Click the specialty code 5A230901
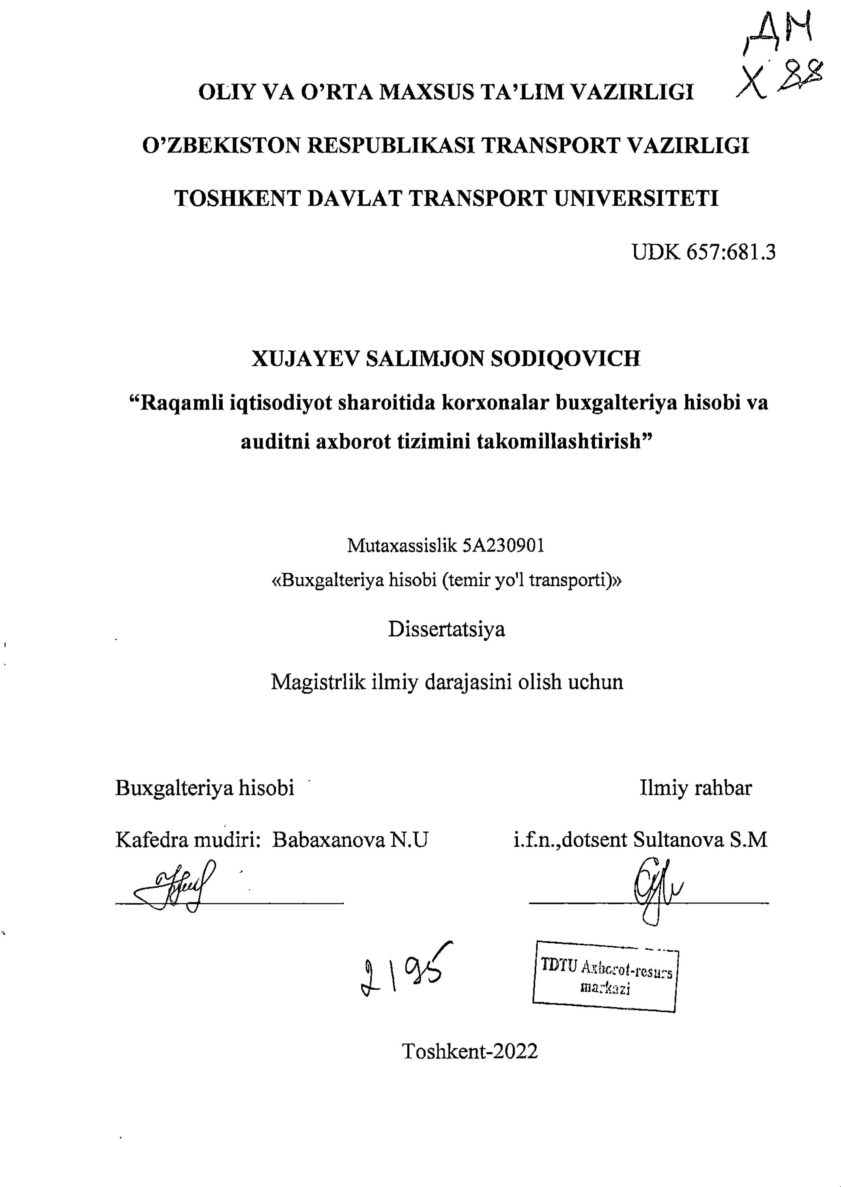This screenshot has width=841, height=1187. click(502, 545)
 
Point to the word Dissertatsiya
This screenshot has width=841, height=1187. click(446, 629)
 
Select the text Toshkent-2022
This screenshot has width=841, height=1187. click(470, 1051)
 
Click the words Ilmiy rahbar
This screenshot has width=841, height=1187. click(695, 788)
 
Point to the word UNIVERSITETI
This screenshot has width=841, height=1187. click(635, 198)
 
